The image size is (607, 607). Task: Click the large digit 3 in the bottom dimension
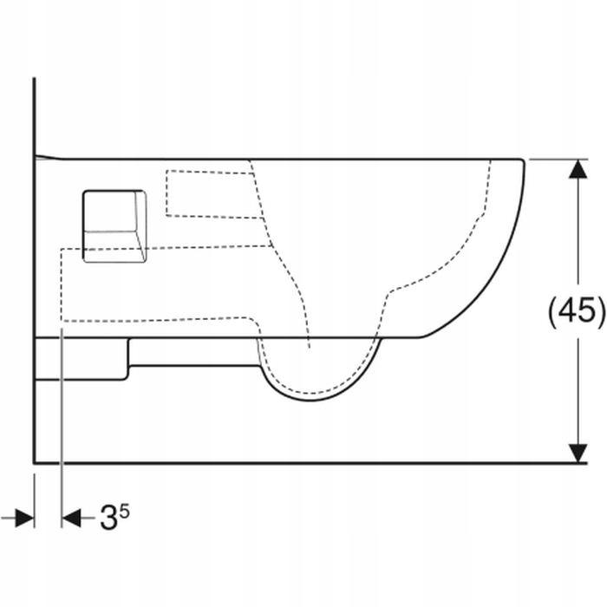108,518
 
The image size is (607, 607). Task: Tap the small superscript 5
124,512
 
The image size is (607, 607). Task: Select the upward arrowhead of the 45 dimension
578,169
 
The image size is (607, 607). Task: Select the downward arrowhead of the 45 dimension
578,453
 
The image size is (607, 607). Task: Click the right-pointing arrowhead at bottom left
25,518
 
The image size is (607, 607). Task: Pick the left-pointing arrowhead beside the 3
71,518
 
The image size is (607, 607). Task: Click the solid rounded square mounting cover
114,226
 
